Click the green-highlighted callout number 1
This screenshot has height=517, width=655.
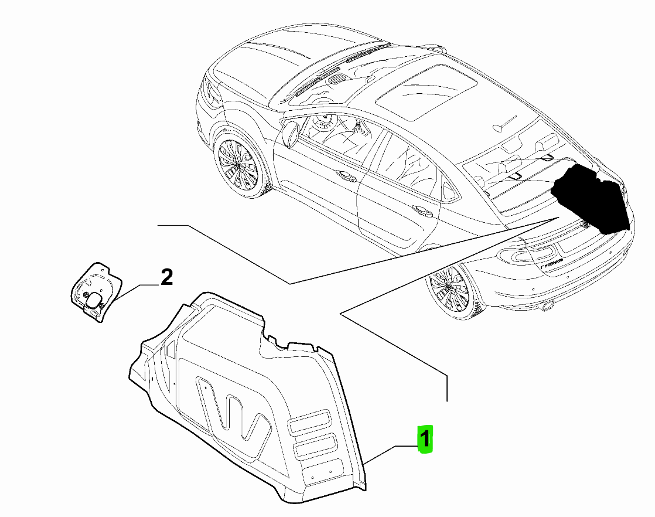(x=424, y=439)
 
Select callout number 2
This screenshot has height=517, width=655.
(x=166, y=277)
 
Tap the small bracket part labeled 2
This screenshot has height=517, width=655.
(x=95, y=291)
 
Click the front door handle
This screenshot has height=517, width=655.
(x=347, y=176)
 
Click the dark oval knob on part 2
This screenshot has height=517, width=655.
(x=94, y=298)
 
